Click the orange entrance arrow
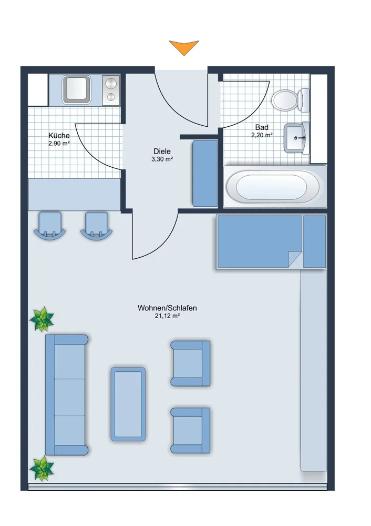[x=183, y=46]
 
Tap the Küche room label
[x=59, y=136]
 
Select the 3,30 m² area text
[x=162, y=159]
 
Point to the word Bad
[x=262, y=127]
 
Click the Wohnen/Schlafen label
[x=167, y=308]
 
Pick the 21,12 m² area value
[x=167, y=316]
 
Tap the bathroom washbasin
[x=296, y=137]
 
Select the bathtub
[x=275, y=187]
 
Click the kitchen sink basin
[x=77, y=89]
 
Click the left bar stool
[x=49, y=226]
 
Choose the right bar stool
[x=97, y=226]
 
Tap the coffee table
[x=128, y=404]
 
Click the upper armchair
[x=190, y=363]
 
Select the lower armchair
[x=190, y=430]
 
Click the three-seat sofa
[x=67, y=395]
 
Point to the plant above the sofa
[x=42, y=319]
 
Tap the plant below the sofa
[x=42, y=469]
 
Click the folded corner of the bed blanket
[x=295, y=259]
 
